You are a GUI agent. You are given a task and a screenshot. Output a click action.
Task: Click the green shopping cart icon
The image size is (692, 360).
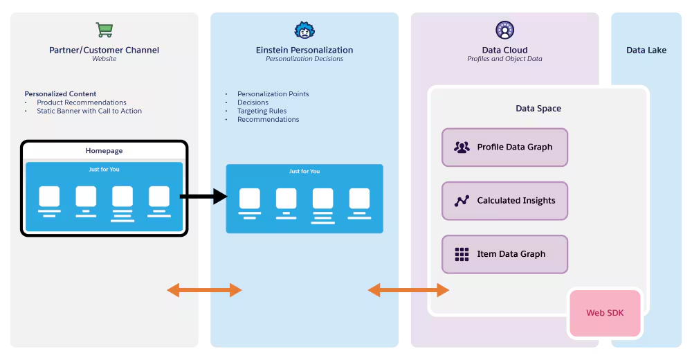104,30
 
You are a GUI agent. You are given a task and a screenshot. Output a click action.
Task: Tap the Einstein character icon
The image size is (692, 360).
304,30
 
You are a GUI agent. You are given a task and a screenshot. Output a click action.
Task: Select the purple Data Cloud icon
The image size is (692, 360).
504,30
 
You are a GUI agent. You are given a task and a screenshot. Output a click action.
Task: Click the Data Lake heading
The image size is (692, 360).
646,50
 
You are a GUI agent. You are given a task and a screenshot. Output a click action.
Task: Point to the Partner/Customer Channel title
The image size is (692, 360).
104,50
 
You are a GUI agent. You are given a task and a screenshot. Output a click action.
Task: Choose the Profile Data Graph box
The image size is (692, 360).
504,147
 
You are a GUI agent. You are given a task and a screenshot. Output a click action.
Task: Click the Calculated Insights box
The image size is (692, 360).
504,201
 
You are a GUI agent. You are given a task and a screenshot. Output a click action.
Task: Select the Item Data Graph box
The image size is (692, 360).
504,254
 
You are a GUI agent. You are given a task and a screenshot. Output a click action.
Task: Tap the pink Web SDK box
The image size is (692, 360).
605,313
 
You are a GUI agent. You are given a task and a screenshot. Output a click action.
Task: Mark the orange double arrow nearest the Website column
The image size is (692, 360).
204,290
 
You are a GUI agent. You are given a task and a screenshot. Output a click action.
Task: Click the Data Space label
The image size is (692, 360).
538,109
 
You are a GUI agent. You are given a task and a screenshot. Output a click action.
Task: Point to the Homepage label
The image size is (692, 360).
104,151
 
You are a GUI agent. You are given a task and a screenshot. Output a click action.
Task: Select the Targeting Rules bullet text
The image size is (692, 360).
262,111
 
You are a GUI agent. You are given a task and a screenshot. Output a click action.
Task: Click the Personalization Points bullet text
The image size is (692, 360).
273,94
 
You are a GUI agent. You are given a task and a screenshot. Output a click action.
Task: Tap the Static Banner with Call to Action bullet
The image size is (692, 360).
89,111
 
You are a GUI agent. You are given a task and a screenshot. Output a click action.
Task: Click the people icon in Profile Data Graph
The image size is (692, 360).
462,147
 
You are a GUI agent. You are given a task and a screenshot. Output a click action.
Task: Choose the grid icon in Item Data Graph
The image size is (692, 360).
462,254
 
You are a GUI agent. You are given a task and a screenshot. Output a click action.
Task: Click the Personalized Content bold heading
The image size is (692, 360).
60,94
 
